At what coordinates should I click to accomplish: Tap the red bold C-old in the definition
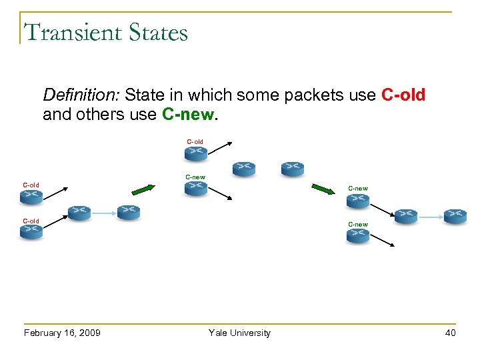click(403, 95)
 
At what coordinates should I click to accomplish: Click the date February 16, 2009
click(62, 333)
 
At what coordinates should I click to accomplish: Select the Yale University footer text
click(239, 333)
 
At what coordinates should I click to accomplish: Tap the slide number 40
click(450, 333)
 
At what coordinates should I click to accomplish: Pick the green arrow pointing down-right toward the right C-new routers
click(323, 190)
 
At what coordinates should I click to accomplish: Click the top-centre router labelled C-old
click(196, 153)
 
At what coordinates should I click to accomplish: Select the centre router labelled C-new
click(196, 189)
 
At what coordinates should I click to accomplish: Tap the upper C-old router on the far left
click(31, 197)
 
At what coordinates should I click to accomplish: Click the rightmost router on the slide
click(456, 216)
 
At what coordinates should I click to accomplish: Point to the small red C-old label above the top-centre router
click(195, 141)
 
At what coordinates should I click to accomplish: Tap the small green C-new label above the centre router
click(195, 177)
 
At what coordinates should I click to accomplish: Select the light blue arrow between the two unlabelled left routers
click(103, 213)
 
